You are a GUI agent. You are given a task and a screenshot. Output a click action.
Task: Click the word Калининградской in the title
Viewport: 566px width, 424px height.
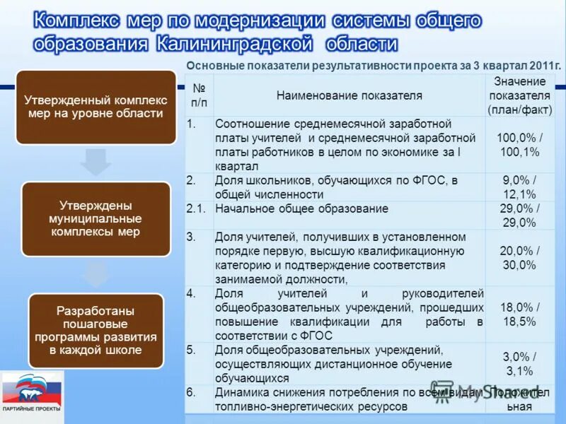click(x=234, y=44)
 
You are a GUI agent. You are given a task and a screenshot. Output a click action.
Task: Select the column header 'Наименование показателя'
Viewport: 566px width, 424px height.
click(x=349, y=95)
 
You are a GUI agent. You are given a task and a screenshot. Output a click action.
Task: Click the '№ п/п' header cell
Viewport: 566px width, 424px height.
click(x=199, y=95)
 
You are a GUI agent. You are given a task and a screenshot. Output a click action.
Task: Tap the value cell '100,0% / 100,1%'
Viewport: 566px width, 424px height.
click(x=520, y=145)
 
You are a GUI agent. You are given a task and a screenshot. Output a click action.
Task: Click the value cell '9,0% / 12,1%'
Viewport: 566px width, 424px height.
click(x=520, y=187)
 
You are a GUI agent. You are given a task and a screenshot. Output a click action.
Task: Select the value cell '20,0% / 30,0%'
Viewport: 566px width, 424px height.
click(x=520, y=258)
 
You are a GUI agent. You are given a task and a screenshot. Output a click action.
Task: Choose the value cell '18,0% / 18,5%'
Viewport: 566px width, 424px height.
click(x=520, y=314)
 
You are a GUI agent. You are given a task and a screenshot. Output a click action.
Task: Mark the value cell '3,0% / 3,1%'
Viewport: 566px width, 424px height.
click(x=520, y=364)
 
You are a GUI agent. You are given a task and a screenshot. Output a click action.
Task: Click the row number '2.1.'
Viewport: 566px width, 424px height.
click(x=196, y=209)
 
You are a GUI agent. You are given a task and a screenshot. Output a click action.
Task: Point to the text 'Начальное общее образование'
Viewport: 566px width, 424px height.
click(x=301, y=209)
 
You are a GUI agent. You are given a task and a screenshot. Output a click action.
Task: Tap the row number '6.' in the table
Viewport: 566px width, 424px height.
click(x=191, y=392)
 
